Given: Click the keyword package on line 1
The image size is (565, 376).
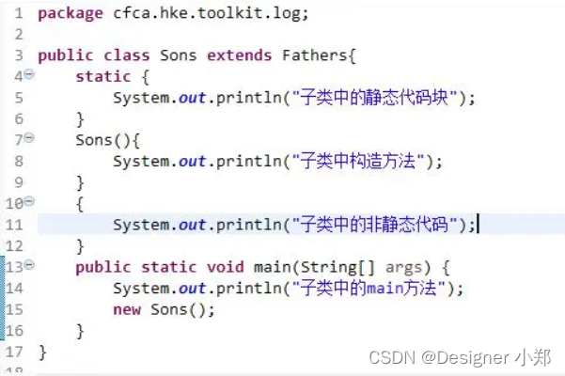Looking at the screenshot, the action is (x=71, y=14).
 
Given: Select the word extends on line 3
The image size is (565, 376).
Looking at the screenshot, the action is (x=240, y=55).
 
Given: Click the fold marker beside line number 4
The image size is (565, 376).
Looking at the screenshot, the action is (x=29, y=74).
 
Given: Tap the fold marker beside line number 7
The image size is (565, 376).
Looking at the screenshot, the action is (x=29, y=137).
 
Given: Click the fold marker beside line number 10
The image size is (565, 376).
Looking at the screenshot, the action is (x=29, y=201).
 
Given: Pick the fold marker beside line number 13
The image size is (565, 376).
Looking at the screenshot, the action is (x=29, y=265).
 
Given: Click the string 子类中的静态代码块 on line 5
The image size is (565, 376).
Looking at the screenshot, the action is (x=375, y=97).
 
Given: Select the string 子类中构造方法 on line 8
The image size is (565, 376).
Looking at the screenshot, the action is (x=358, y=161).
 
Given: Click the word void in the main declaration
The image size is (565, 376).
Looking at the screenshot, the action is (x=226, y=267).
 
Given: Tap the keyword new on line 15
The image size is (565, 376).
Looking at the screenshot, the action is (x=127, y=310).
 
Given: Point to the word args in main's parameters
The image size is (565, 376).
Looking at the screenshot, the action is (x=403, y=268).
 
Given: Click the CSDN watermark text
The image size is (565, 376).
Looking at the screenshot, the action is (x=460, y=357).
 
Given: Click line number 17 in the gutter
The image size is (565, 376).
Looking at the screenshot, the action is (x=14, y=352).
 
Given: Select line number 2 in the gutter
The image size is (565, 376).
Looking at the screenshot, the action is (x=19, y=35).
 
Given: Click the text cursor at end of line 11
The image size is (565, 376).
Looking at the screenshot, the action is (x=478, y=224).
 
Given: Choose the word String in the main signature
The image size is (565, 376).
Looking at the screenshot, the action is (x=328, y=268).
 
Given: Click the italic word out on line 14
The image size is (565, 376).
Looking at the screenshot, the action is (x=192, y=289).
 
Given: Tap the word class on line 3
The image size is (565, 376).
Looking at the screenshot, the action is (x=127, y=55).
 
